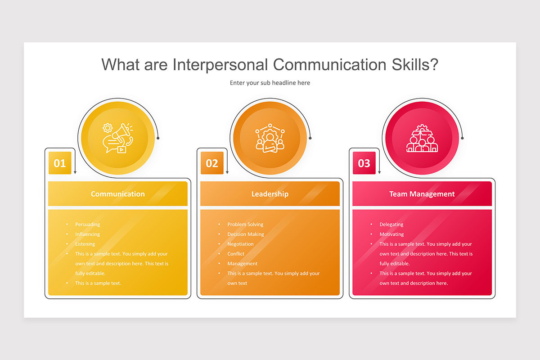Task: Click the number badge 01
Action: click(x=60, y=163)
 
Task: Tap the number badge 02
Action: click(x=212, y=163)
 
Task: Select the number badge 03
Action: click(x=364, y=163)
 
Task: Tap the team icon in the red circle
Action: click(x=422, y=138)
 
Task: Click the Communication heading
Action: click(x=118, y=194)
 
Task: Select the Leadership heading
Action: click(x=270, y=194)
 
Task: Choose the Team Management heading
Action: click(x=422, y=194)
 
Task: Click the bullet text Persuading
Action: click(x=88, y=225)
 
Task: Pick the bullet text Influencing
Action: click(x=88, y=234)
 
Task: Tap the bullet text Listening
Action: click(x=85, y=244)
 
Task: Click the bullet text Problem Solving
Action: click(x=245, y=225)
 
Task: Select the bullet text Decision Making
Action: click(x=246, y=234)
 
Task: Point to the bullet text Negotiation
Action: click(x=240, y=244)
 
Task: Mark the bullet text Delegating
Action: click(x=391, y=225)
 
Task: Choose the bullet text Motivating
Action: click(x=391, y=234)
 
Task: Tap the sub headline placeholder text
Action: click(x=270, y=83)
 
